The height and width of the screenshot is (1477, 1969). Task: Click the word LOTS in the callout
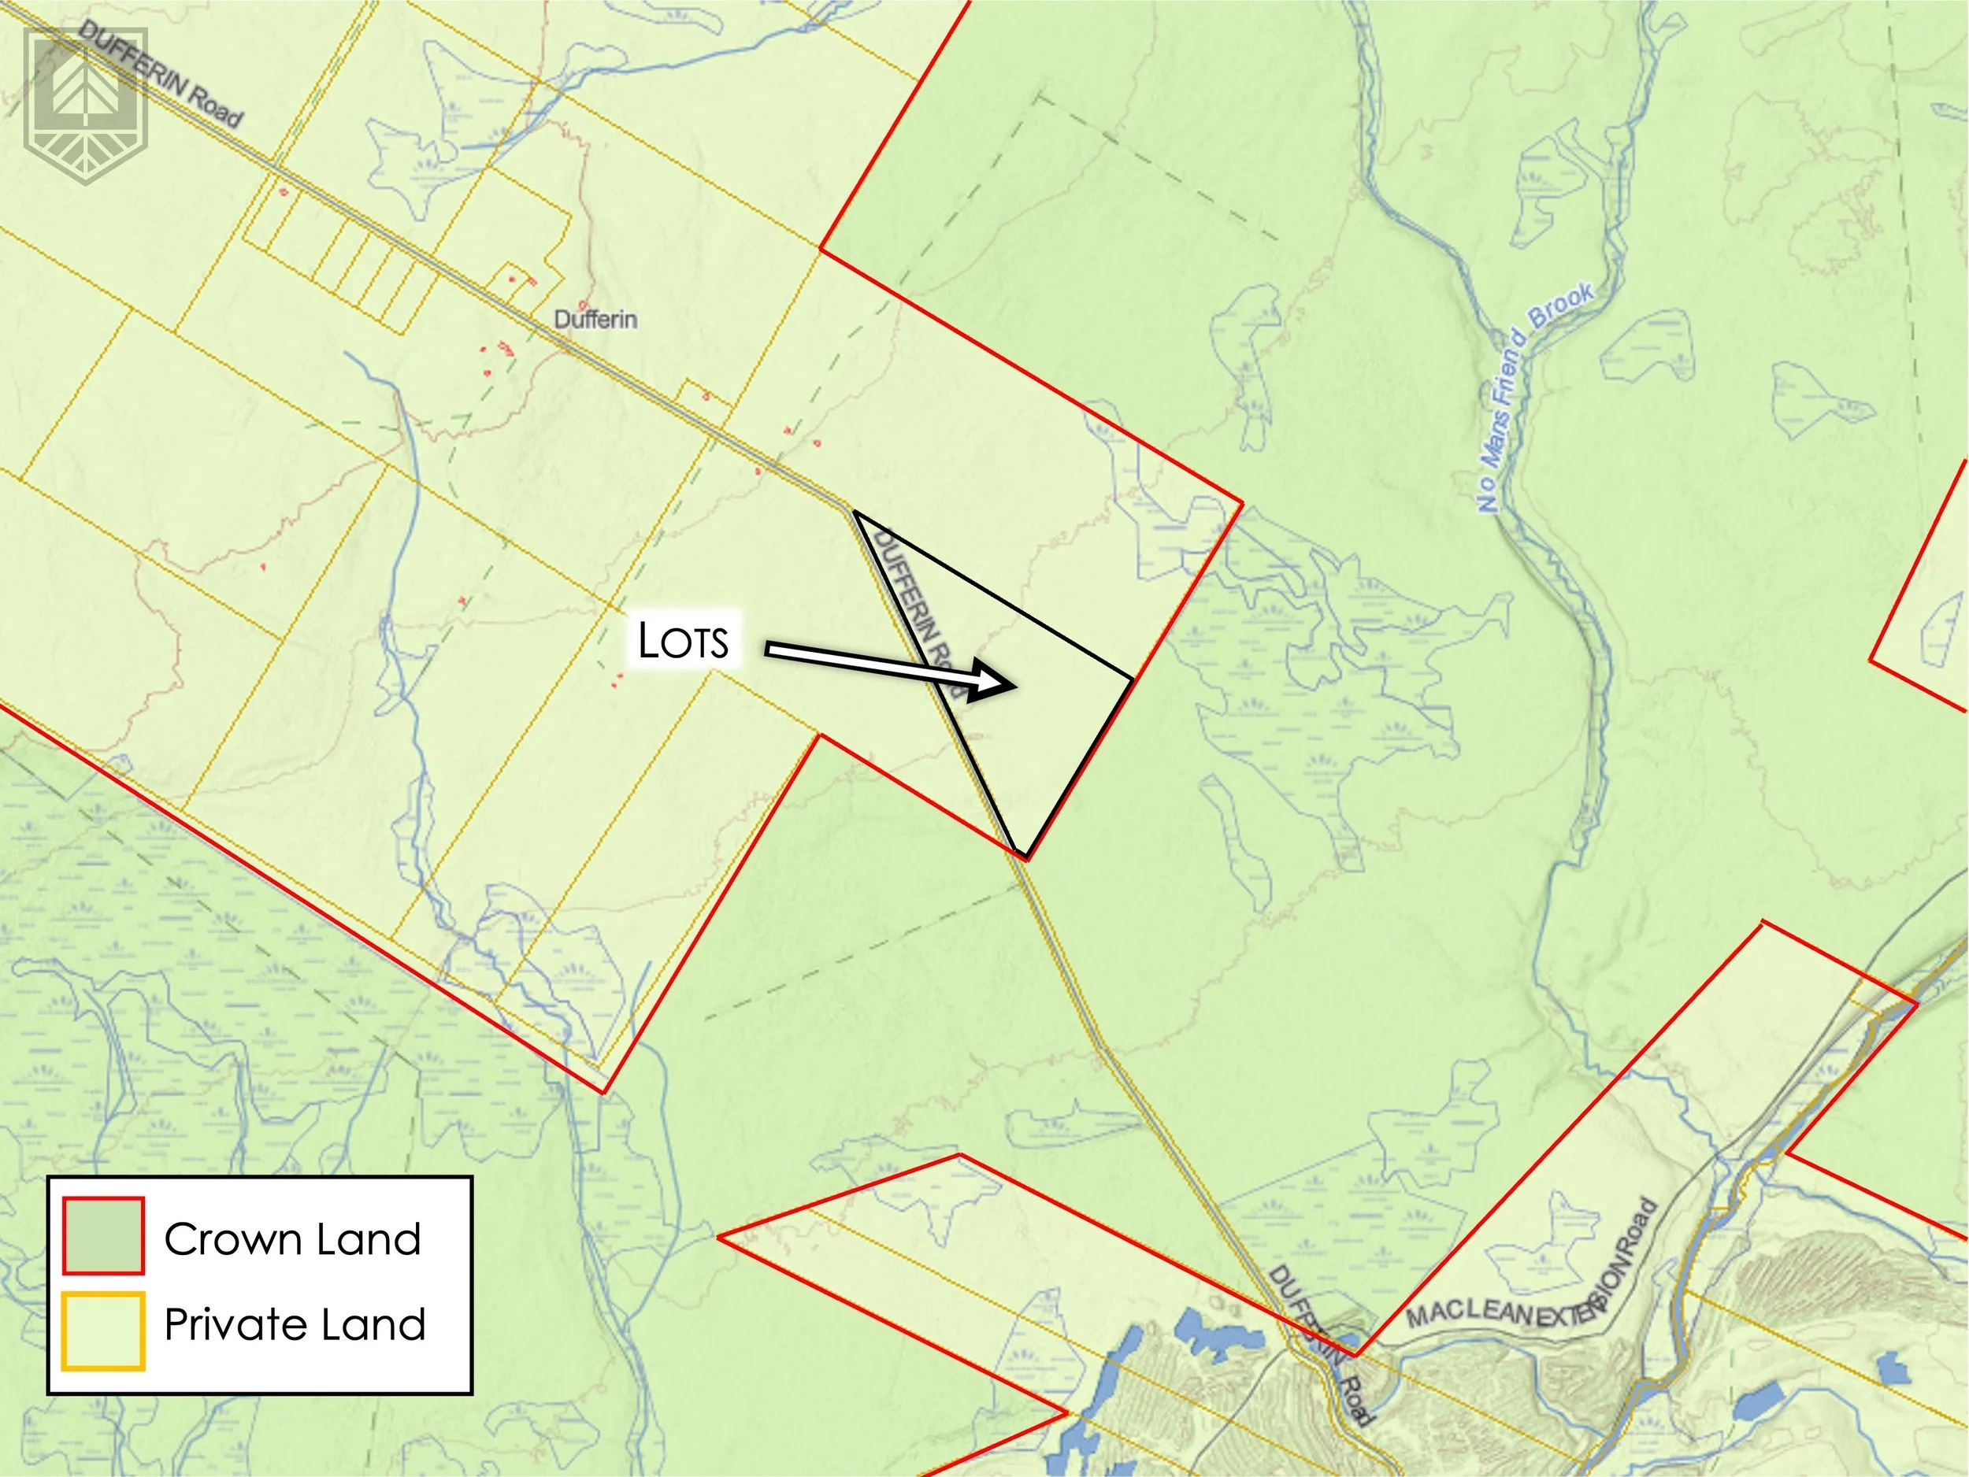pyautogui.click(x=683, y=640)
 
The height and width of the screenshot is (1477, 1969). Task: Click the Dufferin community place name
pyautogui.click(x=595, y=319)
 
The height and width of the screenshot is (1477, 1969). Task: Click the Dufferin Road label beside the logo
pyautogui.click(x=160, y=75)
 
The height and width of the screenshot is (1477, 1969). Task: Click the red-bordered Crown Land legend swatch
pyautogui.click(x=103, y=1236)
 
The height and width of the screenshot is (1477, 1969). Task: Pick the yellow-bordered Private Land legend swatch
pyautogui.click(x=103, y=1329)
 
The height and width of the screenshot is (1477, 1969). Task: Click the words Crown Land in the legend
pyautogui.click(x=292, y=1238)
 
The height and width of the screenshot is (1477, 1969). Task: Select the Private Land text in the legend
pyautogui.click(x=295, y=1324)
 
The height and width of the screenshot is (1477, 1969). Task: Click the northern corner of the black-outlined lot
pyautogui.click(x=855, y=513)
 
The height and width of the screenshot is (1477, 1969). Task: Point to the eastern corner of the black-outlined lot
pyautogui.click(x=1133, y=679)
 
